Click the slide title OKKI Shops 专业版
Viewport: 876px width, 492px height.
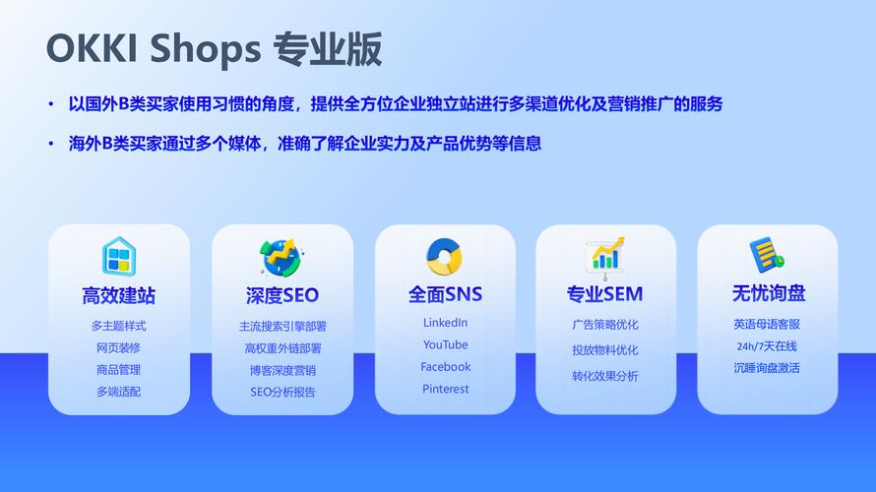tap(214, 48)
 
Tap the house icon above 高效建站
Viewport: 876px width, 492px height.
tap(119, 256)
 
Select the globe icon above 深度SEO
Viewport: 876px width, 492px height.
tap(282, 258)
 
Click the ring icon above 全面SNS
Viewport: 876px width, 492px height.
tap(444, 256)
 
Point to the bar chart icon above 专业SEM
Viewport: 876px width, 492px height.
tap(605, 258)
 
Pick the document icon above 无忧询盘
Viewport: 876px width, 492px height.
tap(767, 255)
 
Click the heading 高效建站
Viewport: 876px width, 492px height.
tap(118, 295)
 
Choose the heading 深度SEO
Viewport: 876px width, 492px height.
tap(282, 295)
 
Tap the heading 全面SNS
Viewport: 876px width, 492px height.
tap(445, 294)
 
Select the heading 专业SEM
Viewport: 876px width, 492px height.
tap(605, 294)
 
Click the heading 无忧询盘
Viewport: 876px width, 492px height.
tap(769, 293)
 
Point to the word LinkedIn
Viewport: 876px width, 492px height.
tap(445, 323)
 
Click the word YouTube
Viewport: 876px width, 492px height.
tap(445, 345)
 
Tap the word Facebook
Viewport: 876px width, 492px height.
tap(445, 367)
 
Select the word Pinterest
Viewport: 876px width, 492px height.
tap(445, 390)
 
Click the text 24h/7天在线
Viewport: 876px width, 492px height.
tap(767, 346)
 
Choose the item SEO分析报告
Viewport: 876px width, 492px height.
tap(282, 392)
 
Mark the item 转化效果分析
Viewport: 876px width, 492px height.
tap(605, 376)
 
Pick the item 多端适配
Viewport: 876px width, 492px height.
tap(118, 392)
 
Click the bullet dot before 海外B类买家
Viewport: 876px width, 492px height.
tap(51, 144)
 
